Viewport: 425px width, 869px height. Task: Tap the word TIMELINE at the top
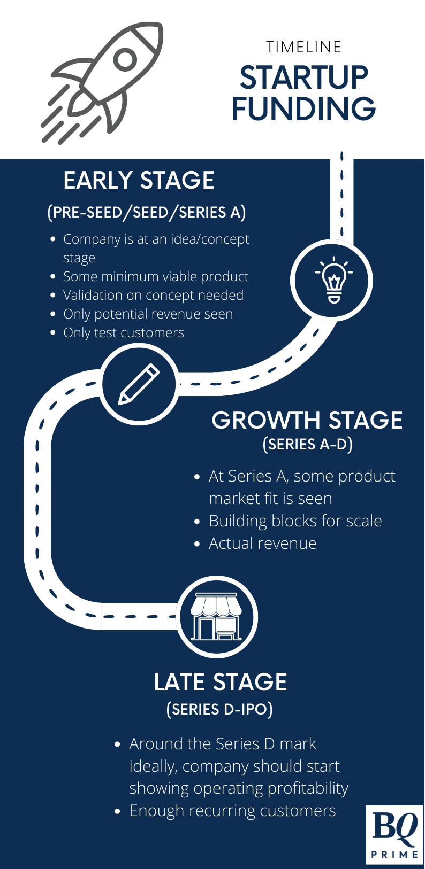point(304,47)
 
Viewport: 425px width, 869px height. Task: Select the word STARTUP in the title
point(304,78)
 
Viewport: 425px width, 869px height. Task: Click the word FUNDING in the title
point(303,108)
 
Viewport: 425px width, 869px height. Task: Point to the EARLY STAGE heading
point(139,181)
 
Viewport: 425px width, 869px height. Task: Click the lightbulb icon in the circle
point(334,281)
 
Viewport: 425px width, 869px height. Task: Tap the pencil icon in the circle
point(139,384)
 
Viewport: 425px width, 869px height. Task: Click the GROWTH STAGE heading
point(307,421)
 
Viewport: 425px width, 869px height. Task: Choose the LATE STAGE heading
point(220,682)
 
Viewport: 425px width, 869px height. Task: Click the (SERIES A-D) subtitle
point(307,444)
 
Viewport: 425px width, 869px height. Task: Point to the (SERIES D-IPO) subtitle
point(219,709)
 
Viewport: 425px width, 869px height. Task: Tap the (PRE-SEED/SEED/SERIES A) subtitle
point(147,212)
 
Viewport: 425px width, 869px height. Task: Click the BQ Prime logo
point(395,833)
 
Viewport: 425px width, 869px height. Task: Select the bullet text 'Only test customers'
point(123,332)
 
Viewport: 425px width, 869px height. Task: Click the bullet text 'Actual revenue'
point(262,544)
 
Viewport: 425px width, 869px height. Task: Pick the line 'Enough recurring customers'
point(232,811)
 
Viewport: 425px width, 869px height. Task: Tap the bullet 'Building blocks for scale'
point(295,521)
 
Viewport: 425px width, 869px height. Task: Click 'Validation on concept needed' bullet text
point(153,295)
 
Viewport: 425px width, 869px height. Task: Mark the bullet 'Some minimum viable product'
point(156,276)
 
